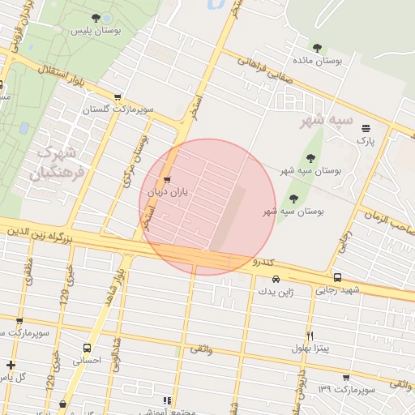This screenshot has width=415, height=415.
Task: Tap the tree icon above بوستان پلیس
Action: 96,17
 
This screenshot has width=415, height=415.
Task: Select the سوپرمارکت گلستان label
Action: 118,109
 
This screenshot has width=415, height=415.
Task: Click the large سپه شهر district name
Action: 327,120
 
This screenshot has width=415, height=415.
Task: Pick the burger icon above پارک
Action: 366,127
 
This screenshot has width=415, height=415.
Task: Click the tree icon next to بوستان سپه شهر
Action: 310,158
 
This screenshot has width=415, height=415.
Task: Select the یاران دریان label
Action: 168,193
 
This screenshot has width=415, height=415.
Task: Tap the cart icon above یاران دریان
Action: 168,180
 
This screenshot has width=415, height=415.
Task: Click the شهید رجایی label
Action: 338,290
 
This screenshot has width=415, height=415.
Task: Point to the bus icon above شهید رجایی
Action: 337,277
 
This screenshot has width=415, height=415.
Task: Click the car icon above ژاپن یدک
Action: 276,279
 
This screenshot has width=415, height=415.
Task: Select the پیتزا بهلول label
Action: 310,349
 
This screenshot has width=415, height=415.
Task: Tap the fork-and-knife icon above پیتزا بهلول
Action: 310,336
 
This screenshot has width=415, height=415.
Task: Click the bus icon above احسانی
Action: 87,348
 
